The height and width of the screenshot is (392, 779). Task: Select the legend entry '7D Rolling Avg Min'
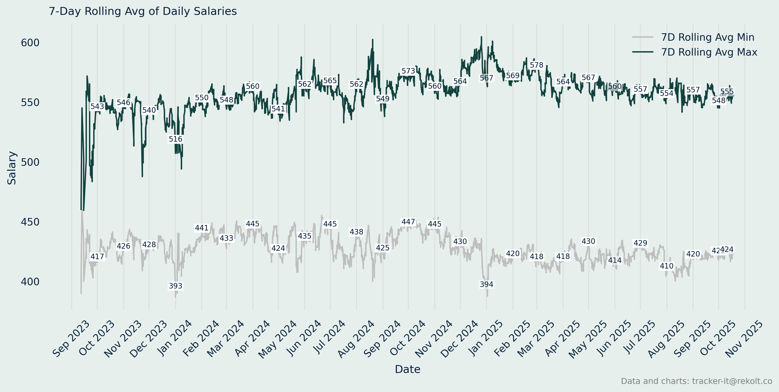click(x=707, y=37)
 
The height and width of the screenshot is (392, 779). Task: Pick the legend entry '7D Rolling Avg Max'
click(x=709, y=52)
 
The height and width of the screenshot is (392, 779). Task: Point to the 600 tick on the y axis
click(x=30, y=43)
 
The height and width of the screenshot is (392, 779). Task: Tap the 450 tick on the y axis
click(x=30, y=222)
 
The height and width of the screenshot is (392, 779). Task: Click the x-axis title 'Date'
click(x=407, y=369)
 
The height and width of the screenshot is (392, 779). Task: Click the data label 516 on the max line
click(x=175, y=139)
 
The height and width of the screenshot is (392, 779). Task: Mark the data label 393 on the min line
click(x=175, y=286)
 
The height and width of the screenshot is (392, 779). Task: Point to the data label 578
click(x=536, y=65)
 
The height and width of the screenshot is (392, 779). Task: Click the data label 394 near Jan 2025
click(x=486, y=285)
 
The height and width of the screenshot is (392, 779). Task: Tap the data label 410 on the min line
click(x=666, y=266)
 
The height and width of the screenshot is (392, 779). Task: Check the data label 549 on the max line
click(x=383, y=99)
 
